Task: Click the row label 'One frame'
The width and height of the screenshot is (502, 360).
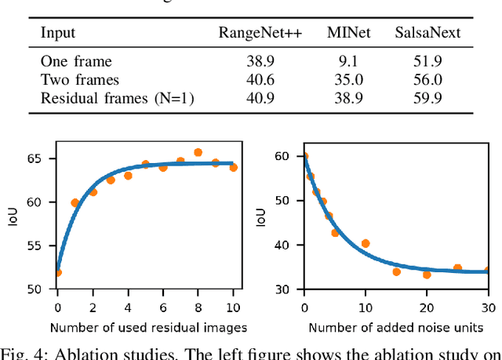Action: pos(76,61)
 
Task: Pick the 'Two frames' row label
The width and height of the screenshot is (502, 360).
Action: pos(79,79)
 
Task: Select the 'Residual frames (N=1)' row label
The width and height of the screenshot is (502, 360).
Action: pos(117,97)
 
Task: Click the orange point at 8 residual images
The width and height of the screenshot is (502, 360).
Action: pos(198,153)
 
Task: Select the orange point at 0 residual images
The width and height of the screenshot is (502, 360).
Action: pos(57,273)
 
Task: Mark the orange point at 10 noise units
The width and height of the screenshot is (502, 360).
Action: pos(366,244)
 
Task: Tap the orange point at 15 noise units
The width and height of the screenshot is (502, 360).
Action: pos(396,272)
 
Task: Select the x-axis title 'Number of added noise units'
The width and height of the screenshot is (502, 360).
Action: pos(396,326)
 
